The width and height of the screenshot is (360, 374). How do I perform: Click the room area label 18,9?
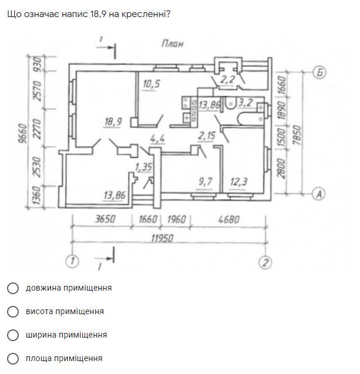(113, 122)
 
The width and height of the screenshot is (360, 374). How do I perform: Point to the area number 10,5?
(151, 84)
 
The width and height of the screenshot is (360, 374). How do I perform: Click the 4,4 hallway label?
(157, 139)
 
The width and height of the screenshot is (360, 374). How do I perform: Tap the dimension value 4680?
(228, 220)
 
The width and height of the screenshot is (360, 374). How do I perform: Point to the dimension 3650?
(105, 220)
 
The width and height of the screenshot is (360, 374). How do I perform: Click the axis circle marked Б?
(319, 73)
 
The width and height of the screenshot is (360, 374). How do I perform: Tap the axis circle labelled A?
(318, 193)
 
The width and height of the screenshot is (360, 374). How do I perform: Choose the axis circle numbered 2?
(265, 262)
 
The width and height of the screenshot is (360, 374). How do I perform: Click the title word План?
(172, 43)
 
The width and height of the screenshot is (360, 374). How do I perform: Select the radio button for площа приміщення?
(12, 358)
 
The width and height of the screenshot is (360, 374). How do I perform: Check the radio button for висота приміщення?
(12, 311)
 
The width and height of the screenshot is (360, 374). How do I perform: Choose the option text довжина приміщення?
(68, 288)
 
